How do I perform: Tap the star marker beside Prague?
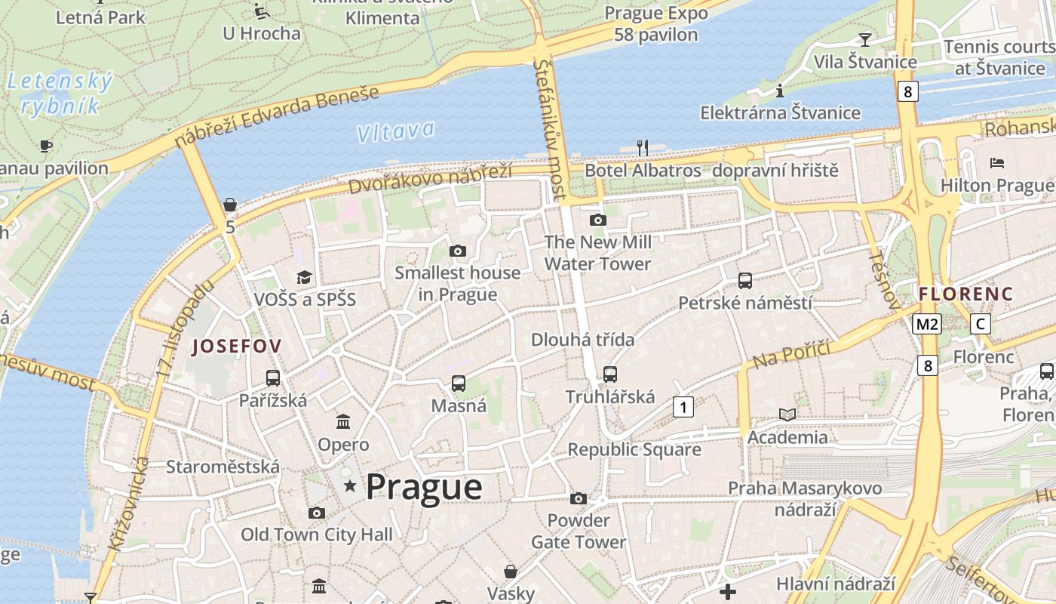click(350, 485)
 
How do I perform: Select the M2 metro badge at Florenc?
click(926, 324)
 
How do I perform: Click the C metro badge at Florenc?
click(980, 324)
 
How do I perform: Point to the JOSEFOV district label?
click(237, 347)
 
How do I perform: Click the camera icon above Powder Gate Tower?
click(579, 498)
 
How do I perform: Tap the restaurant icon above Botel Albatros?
click(643, 147)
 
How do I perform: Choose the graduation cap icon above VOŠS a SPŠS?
click(304, 277)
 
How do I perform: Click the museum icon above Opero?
click(343, 421)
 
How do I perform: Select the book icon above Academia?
click(787, 414)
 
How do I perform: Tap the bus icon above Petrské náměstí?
click(745, 281)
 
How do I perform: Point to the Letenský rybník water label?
click(60, 93)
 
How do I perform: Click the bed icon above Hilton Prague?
click(997, 162)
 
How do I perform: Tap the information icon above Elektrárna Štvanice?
click(780, 91)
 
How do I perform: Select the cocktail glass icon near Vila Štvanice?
click(864, 39)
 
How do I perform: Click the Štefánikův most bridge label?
click(550, 128)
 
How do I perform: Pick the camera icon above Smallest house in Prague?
click(457, 251)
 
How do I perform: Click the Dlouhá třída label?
click(582, 340)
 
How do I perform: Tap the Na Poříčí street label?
click(791, 353)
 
